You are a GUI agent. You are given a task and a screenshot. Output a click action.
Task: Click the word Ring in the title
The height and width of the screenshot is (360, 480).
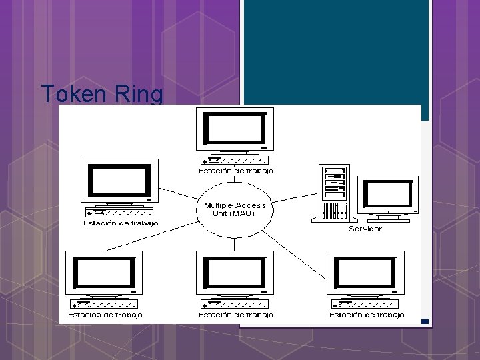point(139,94)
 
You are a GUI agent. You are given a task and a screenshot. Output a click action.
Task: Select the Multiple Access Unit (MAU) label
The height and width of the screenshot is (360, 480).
point(235,209)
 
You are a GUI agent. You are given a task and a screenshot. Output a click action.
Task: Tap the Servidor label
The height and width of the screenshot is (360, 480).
point(365,229)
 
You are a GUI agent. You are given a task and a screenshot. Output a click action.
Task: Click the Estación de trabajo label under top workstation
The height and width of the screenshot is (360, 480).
point(235,171)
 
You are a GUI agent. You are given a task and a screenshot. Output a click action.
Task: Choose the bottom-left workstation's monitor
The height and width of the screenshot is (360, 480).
point(104,272)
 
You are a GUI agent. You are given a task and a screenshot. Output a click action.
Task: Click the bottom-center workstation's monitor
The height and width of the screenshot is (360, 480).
point(235,272)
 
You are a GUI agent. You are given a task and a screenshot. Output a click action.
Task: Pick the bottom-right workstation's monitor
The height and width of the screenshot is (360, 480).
point(365,272)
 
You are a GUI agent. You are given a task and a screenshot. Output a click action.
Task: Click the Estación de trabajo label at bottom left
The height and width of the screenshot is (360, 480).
point(105,315)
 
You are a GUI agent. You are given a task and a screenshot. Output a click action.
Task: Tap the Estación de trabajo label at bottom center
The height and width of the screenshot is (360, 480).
point(235,315)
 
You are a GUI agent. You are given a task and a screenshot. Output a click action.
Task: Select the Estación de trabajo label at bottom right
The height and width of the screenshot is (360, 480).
point(366,315)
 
